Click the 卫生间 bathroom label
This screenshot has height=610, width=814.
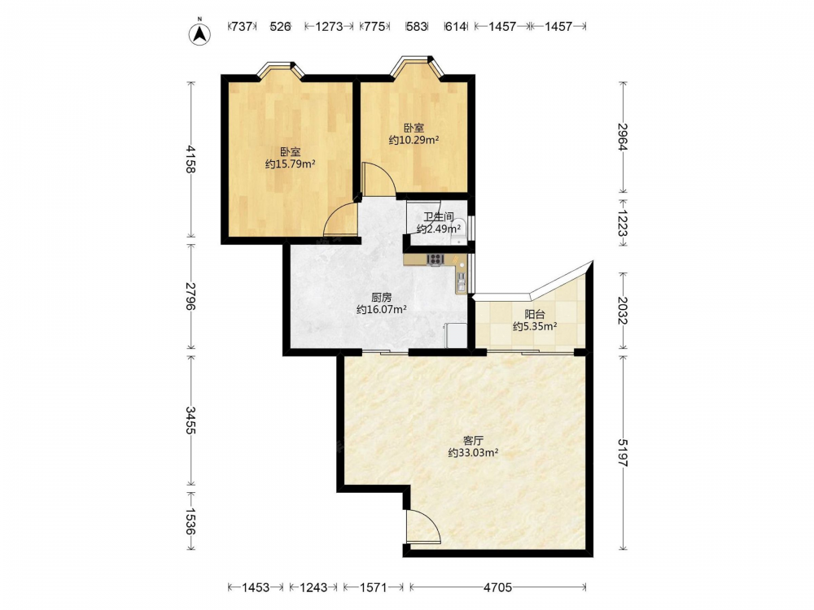[438, 217]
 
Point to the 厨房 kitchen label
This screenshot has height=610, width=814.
[382, 298]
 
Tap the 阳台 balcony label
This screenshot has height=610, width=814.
[535, 314]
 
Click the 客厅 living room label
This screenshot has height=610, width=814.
[473, 441]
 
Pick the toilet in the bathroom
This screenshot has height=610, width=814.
[459, 231]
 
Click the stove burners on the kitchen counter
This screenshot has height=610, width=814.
[435, 259]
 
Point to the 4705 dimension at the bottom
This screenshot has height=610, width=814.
[497, 587]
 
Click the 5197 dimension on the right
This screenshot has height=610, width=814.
[623, 452]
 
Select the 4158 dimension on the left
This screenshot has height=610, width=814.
[191, 159]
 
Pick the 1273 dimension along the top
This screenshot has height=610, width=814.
[329, 26]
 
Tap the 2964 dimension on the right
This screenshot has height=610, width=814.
[623, 137]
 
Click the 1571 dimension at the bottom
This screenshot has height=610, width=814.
[373, 587]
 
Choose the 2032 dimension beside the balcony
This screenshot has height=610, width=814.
[623, 311]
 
